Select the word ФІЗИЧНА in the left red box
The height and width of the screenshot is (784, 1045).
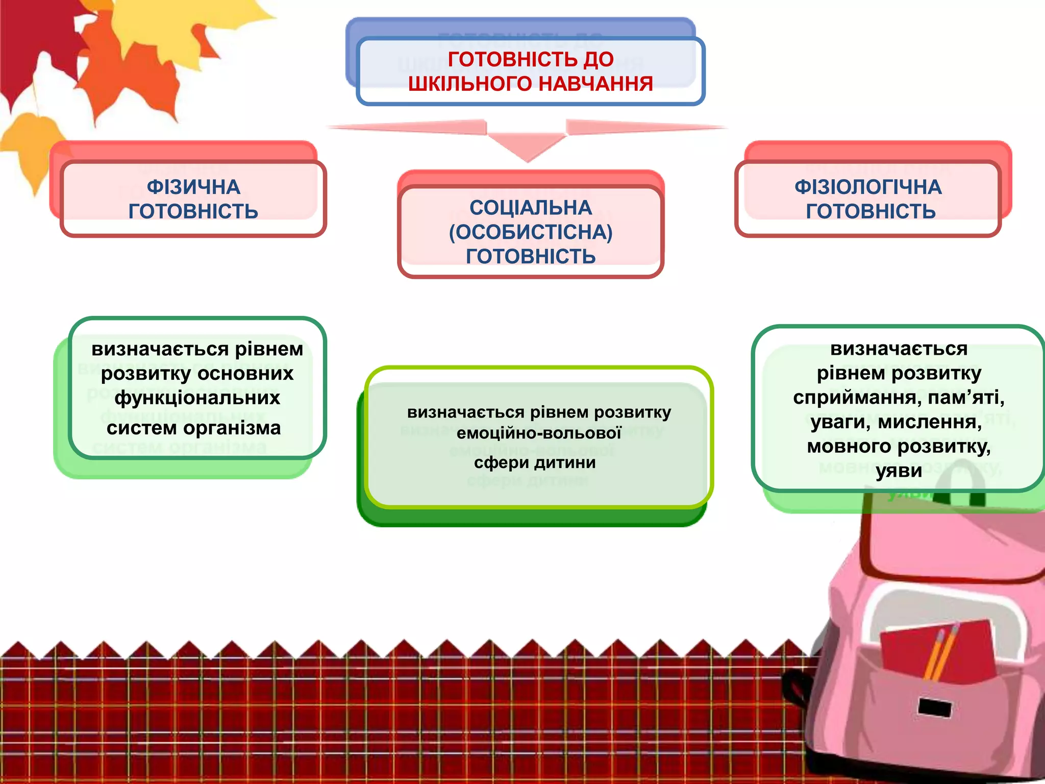pos(193,187)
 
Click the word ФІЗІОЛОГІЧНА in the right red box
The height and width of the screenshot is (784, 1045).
pos(868,187)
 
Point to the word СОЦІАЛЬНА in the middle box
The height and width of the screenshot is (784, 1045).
pos(531,208)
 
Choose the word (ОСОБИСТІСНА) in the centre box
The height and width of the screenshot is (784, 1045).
pos(531,232)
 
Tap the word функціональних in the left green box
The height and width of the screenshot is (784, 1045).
pos(197,398)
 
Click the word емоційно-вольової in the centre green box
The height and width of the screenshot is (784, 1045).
pos(539,433)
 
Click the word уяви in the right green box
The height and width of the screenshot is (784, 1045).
pos(899,471)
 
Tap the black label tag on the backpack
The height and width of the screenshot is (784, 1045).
pos(935,707)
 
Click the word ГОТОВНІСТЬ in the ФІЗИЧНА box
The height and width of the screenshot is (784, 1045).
pos(193,211)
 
